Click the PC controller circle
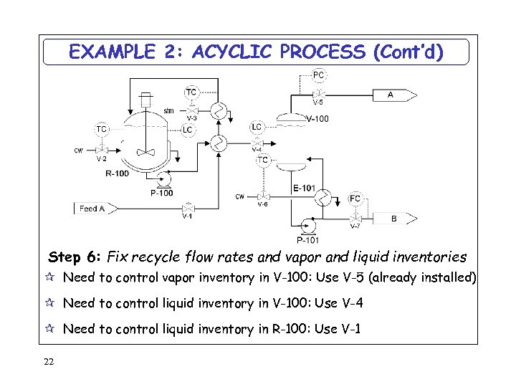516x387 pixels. click(319, 75)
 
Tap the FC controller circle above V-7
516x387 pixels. click(355, 198)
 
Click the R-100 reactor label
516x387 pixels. click(118, 173)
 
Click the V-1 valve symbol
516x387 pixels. click(188, 206)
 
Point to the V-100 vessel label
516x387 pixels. click(317, 119)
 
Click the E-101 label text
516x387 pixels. click(304, 188)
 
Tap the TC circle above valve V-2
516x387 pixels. click(102, 129)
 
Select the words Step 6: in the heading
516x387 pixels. click(75, 257)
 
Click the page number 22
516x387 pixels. click(49, 360)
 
